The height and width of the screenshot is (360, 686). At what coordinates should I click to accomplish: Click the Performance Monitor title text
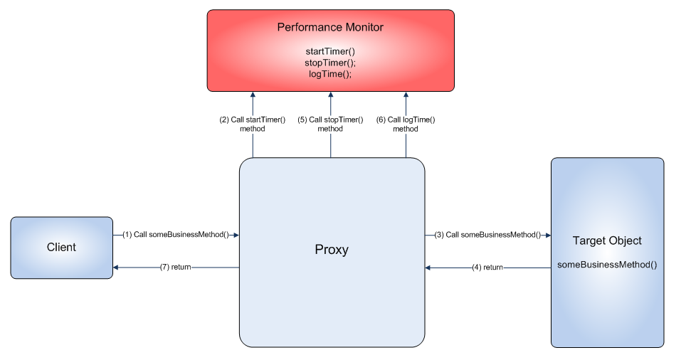330,28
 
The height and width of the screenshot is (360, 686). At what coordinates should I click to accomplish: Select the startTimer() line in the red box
330,51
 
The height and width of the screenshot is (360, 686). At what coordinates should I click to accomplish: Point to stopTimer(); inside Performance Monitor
330,63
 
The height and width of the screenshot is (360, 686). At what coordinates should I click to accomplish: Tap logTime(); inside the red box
330,73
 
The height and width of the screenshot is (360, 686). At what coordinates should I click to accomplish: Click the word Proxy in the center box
332,250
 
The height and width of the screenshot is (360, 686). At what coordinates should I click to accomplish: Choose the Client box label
61,248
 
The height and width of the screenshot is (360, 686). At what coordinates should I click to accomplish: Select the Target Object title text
607,241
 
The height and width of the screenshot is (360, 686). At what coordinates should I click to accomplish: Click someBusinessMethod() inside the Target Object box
607,264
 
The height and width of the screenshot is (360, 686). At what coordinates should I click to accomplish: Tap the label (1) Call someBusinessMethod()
175,234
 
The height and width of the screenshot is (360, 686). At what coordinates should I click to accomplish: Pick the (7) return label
175,268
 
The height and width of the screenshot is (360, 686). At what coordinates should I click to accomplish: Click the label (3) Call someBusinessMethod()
487,234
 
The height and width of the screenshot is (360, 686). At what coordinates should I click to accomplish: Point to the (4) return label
487,268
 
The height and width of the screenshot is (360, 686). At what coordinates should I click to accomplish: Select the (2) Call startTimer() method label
252,125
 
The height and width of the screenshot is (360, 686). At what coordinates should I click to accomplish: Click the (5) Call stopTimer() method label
330,125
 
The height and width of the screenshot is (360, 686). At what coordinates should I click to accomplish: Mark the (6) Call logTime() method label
406,125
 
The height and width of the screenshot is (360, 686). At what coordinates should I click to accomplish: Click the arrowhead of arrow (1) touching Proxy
236,234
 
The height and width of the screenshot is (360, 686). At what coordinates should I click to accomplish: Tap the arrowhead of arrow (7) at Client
117,268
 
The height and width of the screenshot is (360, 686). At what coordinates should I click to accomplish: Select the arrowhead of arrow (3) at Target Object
547,234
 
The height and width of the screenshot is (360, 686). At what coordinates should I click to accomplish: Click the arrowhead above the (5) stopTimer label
330,95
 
